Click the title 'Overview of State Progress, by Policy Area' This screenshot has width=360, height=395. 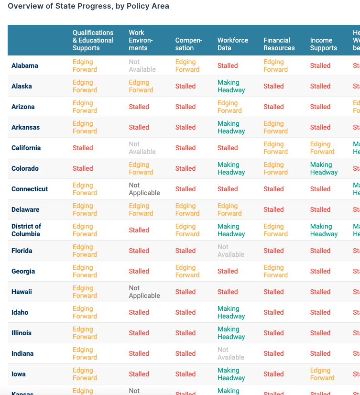pos(88,6)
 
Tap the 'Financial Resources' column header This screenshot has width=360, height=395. pos(279,44)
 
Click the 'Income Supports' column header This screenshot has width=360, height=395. pos(323,44)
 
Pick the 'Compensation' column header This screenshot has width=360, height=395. pos(188,44)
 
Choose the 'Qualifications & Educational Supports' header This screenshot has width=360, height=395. pos(93,40)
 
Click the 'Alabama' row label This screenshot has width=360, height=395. pos(25,66)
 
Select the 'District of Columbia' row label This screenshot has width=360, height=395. pos(26,230)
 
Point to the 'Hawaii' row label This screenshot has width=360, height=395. pos(22,292)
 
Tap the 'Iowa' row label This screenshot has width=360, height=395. pos(19,374)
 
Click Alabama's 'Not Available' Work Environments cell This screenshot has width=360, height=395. pos(142,66)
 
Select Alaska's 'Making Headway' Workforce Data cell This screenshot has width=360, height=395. pos(231,86)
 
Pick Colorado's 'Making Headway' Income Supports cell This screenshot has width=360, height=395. pos(324,168)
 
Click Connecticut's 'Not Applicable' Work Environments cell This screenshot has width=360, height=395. pos(144,189)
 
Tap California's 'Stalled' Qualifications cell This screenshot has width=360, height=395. pos(83,148)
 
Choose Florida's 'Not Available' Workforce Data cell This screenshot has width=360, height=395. pos(231,251)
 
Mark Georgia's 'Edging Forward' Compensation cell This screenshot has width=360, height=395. pos(187,271)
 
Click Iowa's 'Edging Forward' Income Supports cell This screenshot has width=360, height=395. pos(322,374)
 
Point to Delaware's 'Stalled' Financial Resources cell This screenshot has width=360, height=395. pos(273,209)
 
